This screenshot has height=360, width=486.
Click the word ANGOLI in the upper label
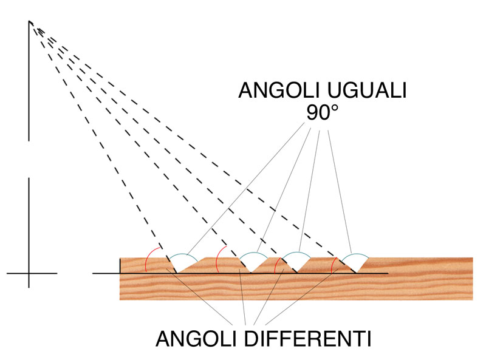[x=279, y=90]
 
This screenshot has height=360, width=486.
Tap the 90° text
[x=323, y=112]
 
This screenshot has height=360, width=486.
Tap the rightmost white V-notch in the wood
[x=355, y=264]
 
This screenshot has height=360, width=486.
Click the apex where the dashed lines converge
[x=29, y=21]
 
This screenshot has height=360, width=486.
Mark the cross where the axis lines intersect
[x=29, y=273]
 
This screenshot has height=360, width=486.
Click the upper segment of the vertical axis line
[x=29, y=81]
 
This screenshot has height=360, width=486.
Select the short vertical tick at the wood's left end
[x=120, y=265]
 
